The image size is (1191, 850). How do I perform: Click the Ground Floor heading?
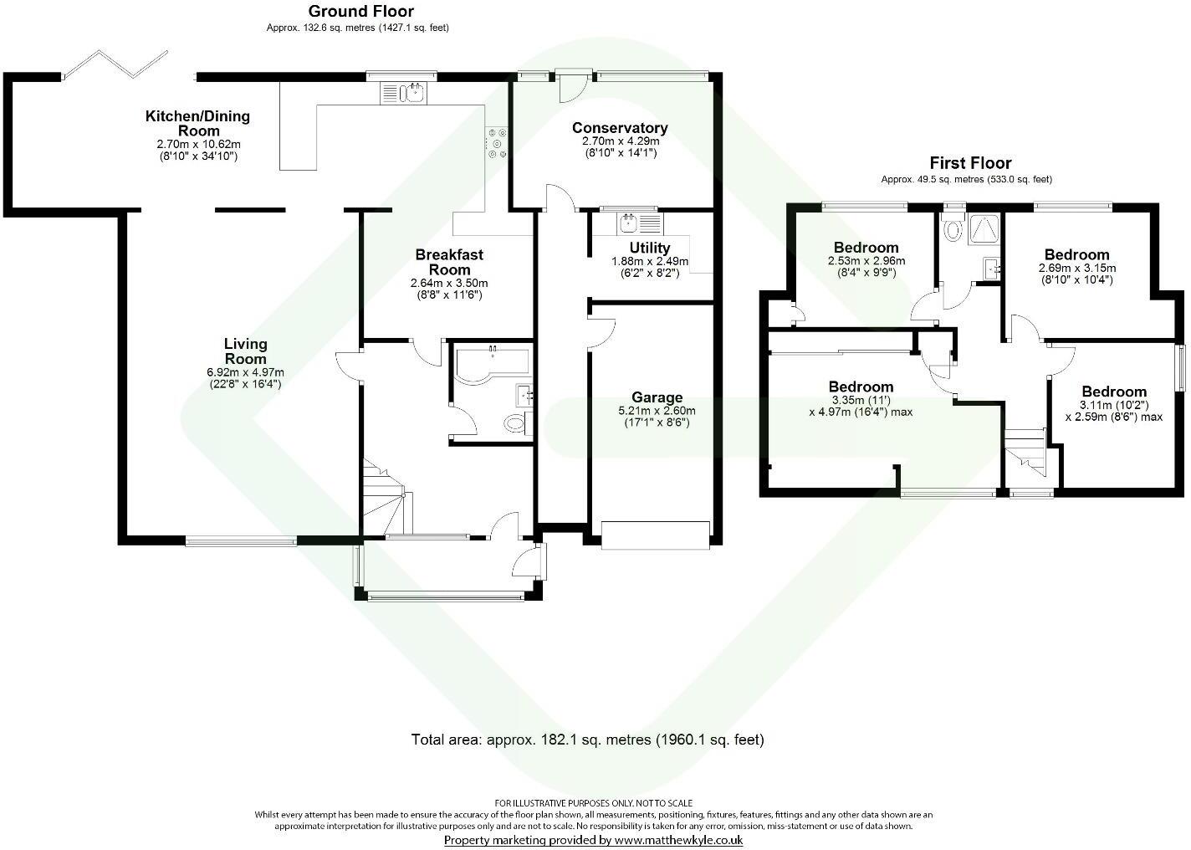tap(360, 11)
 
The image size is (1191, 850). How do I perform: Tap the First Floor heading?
tap(970, 163)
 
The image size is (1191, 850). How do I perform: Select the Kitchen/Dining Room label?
tap(198, 123)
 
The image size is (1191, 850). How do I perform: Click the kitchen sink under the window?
tap(404, 93)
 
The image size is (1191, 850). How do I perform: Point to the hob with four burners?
tap(497, 142)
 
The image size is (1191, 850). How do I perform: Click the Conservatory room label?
tap(619, 128)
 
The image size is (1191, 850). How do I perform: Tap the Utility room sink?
tap(629, 223)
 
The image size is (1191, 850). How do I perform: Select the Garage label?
tap(657, 397)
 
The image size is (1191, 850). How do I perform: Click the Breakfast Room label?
tap(449, 262)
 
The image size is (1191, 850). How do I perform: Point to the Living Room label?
tap(245, 351)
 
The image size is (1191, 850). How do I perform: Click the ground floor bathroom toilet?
tap(518, 424)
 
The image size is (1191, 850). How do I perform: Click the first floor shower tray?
tap(984, 228)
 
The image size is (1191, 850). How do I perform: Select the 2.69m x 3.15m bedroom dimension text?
tap(1076, 269)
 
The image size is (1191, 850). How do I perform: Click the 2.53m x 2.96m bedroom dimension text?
tap(866, 261)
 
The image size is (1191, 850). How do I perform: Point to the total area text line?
tap(587, 740)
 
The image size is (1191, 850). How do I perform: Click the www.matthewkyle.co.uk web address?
tap(677, 840)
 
